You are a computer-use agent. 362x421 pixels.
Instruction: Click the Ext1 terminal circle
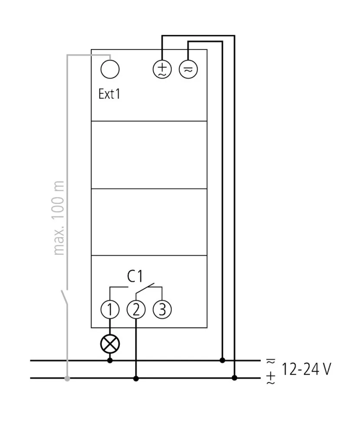[x=110, y=69]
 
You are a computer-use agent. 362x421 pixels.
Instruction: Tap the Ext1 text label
[x=109, y=94]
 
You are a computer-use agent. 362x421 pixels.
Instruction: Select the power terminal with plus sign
[x=162, y=69]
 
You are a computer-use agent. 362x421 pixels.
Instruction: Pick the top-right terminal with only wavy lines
[x=188, y=69]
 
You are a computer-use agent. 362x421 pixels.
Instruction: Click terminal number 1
[x=110, y=309]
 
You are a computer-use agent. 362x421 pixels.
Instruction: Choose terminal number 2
[x=136, y=309]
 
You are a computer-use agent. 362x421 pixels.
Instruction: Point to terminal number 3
[x=162, y=309]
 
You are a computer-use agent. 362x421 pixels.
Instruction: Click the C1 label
[x=135, y=276]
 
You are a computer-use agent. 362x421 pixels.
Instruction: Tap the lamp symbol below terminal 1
[x=110, y=344]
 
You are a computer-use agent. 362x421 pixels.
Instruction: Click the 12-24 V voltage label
[x=306, y=369]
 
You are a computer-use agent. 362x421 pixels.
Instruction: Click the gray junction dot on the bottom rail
[x=67, y=378]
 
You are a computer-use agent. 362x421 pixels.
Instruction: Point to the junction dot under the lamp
[x=110, y=360]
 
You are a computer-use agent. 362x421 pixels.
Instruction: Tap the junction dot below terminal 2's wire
[x=136, y=378]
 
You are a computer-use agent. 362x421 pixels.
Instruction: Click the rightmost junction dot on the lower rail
[x=234, y=378]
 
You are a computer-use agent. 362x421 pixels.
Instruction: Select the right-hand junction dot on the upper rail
[x=222, y=360]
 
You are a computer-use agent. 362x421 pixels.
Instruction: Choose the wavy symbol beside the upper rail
[x=271, y=361]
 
